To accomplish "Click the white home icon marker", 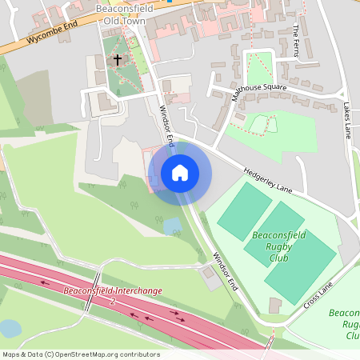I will click(x=180, y=173).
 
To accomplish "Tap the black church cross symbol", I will click(x=118, y=59).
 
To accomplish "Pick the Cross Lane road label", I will click(x=318, y=296).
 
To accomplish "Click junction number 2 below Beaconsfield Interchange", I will click(x=113, y=302).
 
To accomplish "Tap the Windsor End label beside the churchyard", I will click(x=166, y=124).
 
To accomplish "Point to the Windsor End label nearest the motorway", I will click(x=226, y=273).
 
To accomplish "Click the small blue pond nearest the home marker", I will click(x=172, y=226).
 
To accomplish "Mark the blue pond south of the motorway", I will click(x=10, y=328).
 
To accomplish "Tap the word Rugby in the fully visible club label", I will click(x=279, y=247).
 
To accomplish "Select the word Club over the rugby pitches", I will click(x=279, y=258).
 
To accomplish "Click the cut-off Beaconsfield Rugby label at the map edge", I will click(x=343, y=324).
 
